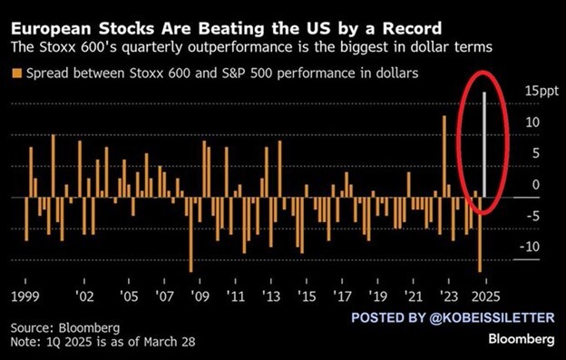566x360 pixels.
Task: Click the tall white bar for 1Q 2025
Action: coord(484,144)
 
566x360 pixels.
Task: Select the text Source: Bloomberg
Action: coord(65,326)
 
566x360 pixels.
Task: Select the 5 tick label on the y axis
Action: coord(536,152)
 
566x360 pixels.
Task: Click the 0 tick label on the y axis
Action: coord(536,184)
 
